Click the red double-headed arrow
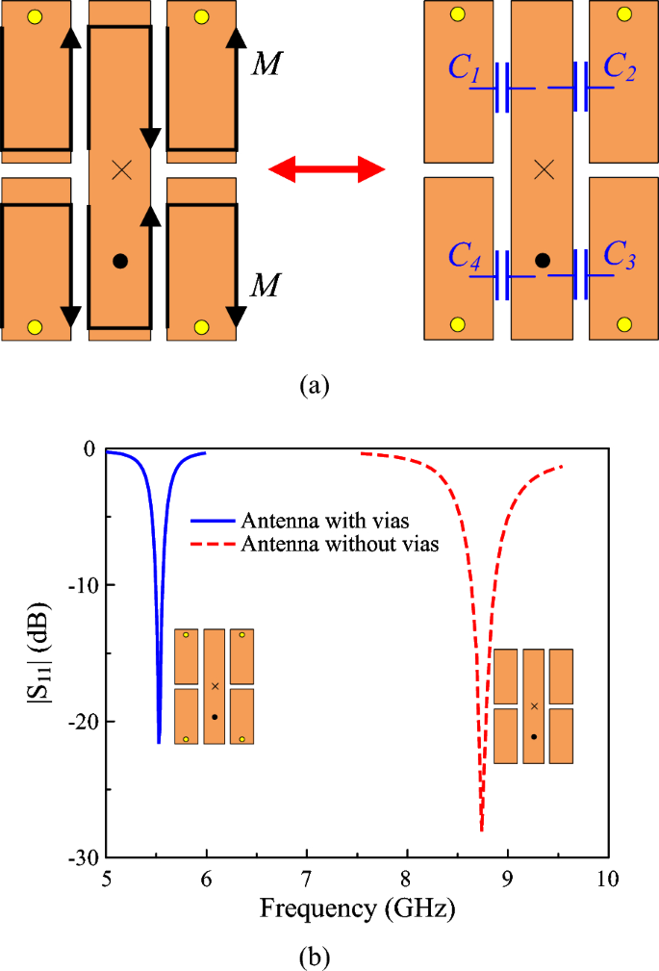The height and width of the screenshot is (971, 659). [326, 171]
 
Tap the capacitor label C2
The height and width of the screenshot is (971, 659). [619, 66]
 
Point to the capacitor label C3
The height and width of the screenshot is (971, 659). [619, 256]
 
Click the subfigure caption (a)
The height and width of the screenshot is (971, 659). [315, 386]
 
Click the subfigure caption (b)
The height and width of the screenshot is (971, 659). [315, 957]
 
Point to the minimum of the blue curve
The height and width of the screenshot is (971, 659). [159, 742]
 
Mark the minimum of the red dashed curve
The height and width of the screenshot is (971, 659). [481, 829]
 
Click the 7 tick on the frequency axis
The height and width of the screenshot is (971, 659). [307, 879]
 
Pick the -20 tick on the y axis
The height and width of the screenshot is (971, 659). [84, 722]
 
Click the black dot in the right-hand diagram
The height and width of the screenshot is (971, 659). [543, 260]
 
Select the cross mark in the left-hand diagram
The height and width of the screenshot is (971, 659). [120, 170]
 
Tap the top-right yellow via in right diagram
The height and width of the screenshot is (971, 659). [623, 14]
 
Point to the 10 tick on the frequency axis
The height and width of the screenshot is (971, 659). [607, 879]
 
